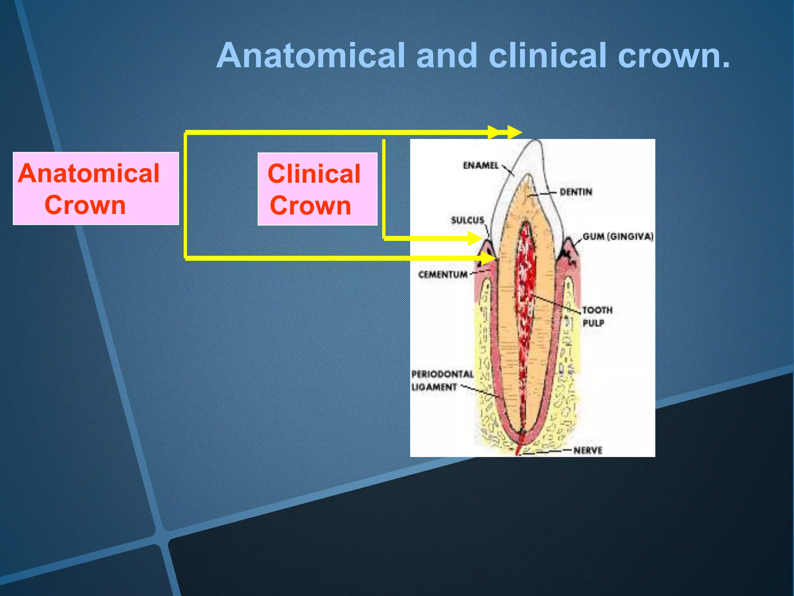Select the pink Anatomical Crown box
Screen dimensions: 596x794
pyautogui.click(x=96, y=189)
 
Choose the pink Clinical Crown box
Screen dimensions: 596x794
pyautogui.click(x=317, y=189)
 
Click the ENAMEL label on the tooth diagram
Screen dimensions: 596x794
pyautogui.click(x=480, y=165)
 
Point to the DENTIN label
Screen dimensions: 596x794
pyautogui.click(x=576, y=192)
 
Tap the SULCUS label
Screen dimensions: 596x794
pyautogui.click(x=467, y=220)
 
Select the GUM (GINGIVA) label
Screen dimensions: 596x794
pyautogui.click(x=618, y=236)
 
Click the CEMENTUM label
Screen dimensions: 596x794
pyautogui.click(x=442, y=274)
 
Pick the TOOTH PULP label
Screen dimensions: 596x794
pyautogui.click(x=597, y=316)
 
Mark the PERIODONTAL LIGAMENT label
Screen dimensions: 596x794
pyautogui.click(x=442, y=380)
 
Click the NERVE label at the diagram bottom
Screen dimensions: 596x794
pyautogui.click(x=588, y=450)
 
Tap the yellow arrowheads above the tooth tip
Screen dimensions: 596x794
pyautogui.click(x=504, y=132)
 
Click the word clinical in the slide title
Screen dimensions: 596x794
pyautogui.click(x=547, y=55)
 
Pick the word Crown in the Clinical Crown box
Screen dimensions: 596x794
pyautogui.click(x=310, y=205)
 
